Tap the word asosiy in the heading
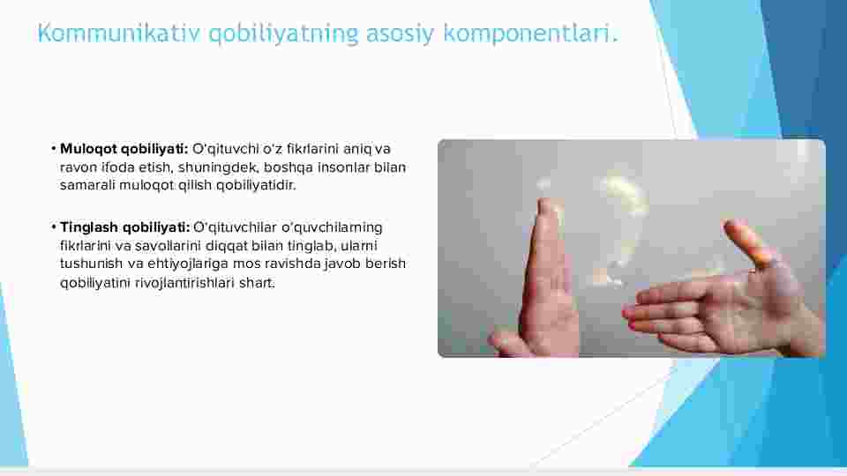tap(400, 34)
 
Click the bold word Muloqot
tap(88, 148)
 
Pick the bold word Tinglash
tap(89, 227)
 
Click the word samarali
tap(87, 185)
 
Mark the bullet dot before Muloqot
tap(54, 148)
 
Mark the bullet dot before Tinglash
tap(54, 227)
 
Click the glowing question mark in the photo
tap(621, 227)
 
